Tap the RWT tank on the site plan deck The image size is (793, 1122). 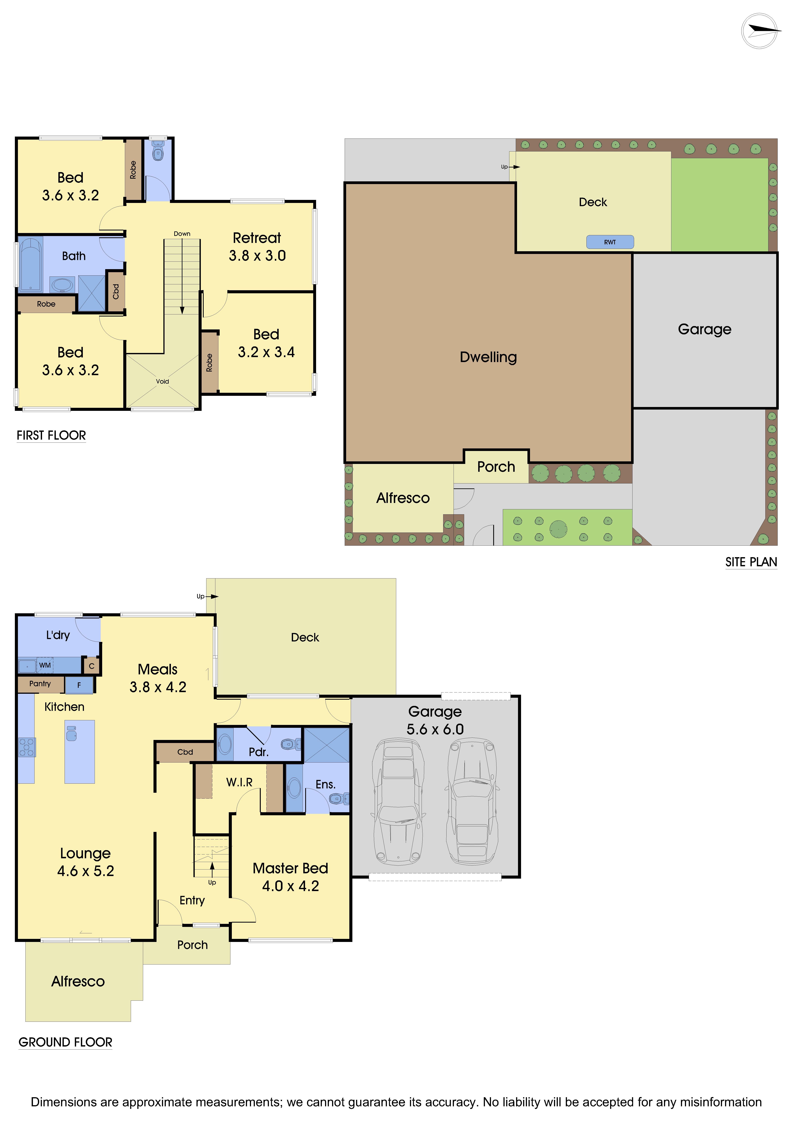610,242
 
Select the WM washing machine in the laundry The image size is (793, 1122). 45,665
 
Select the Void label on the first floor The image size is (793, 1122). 162,381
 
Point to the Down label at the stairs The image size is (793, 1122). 182,234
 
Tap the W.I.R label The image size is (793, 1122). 239,782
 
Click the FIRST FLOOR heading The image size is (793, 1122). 51,435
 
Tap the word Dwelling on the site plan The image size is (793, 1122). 488,357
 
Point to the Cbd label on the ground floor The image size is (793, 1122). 185,752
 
